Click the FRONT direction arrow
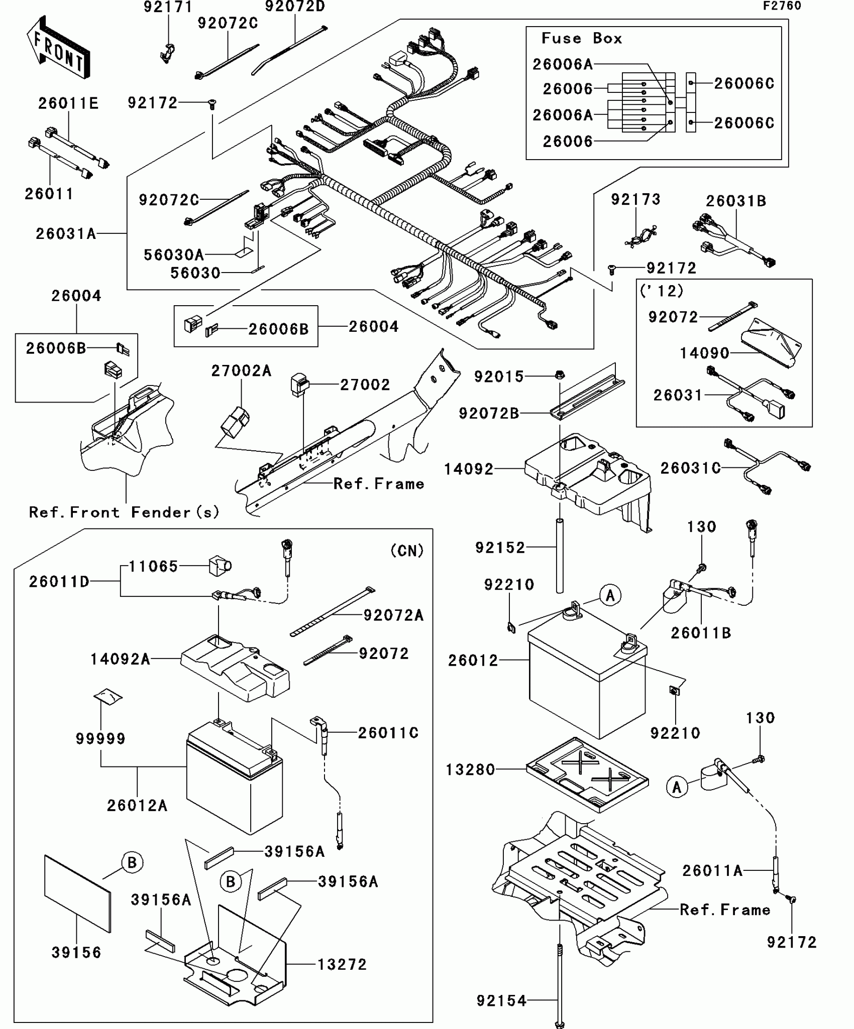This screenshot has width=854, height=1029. [58, 48]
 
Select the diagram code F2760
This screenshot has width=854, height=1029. [782, 6]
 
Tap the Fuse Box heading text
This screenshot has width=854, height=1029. [581, 39]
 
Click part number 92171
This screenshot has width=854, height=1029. [168, 7]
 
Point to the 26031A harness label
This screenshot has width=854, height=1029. [66, 234]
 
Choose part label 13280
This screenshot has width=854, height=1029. [470, 769]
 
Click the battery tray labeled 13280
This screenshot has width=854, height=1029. [587, 775]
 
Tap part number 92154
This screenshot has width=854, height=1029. [501, 1001]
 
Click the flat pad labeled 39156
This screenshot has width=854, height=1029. [77, 893]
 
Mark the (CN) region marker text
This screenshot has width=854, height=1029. [407, 551]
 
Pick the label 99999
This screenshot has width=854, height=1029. [100, 738]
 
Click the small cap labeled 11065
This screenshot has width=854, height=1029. [220, 566]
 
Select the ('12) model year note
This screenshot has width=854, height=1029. [662, 291]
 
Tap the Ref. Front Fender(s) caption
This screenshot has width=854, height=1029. [124, 512]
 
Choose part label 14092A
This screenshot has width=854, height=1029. [120, 659]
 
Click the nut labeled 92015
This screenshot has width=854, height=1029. [561, 374]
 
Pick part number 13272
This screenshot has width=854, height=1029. [342, 964]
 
